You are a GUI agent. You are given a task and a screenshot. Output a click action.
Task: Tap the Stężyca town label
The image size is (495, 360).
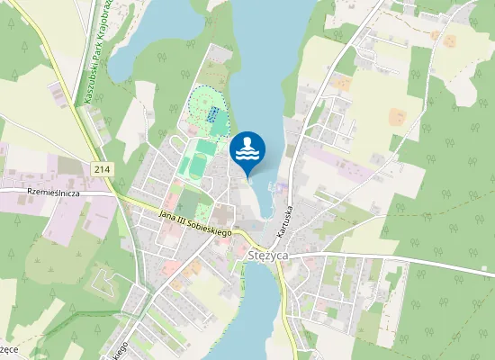266,255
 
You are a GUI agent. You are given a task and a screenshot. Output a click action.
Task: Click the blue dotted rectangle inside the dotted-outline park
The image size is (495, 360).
214,115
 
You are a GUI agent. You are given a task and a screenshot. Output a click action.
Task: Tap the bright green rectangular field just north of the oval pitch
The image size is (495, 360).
206,146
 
